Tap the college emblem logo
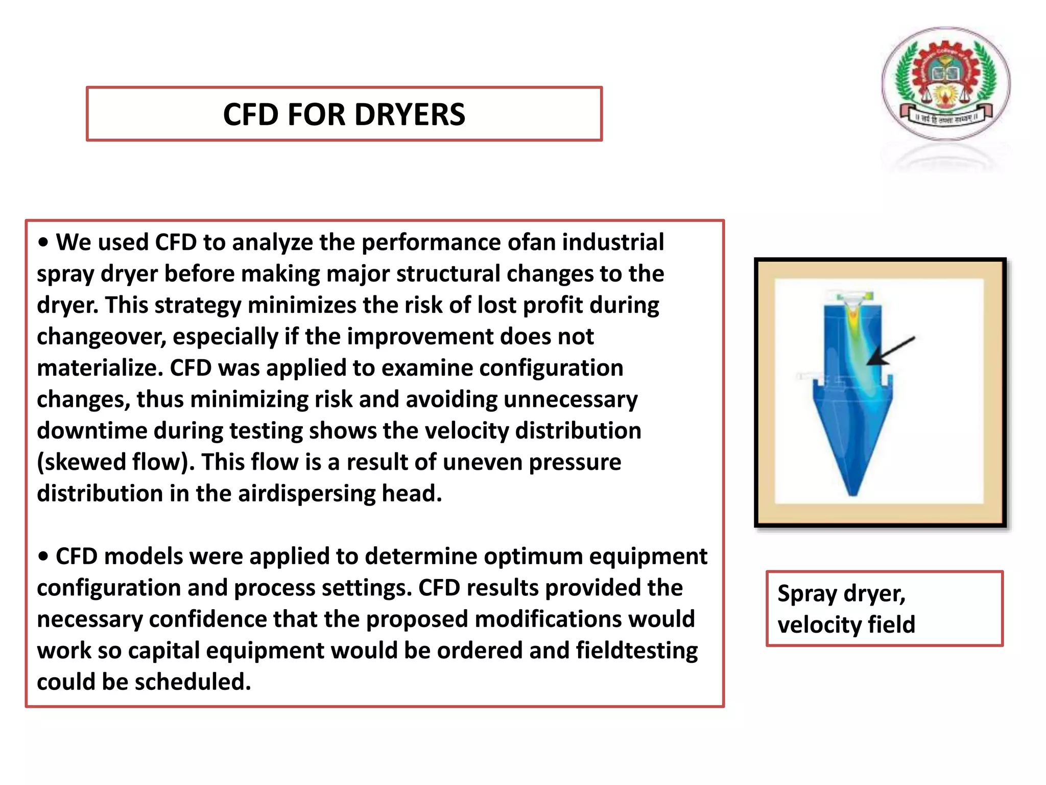click(946, 83)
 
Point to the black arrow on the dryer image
click(891, 351)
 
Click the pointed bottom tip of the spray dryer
click(852, 493)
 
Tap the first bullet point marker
click(43, 242)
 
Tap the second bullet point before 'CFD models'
click(43, 557)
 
